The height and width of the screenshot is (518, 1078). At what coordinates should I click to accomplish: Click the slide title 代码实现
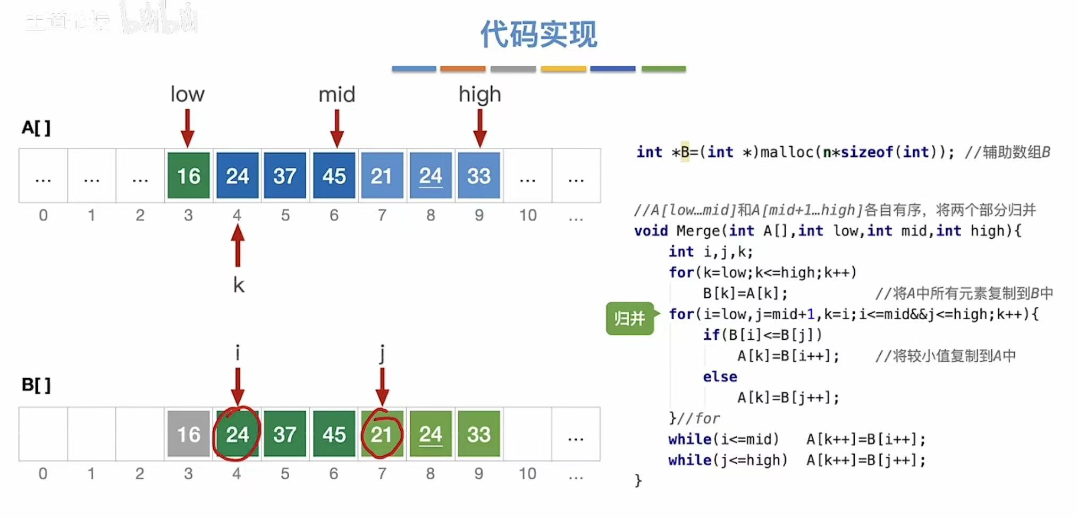(x=538, y=35)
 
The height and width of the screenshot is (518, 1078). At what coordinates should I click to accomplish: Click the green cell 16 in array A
(x=188, y=176)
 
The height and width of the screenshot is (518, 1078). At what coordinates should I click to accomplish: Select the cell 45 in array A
(x=334, y=176)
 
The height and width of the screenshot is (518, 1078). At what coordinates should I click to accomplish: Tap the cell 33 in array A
(x=479, y=176)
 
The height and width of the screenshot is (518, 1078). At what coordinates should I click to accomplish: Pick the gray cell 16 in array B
(x=188, y=434)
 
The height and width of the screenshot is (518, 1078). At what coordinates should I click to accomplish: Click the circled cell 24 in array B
(x=237, y=434)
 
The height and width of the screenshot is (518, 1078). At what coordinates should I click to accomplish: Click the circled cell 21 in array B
(x=382, y=434)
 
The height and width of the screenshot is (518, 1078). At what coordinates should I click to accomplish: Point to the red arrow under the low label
(x=187, y=128)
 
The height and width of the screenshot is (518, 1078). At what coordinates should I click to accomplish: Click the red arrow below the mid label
(x=336, y=128)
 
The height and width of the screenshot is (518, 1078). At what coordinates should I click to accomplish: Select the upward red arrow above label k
(x=238, y=246)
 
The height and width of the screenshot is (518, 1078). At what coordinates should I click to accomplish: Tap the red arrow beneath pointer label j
(x=382, y=387)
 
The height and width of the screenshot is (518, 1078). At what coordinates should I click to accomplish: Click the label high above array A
(x=479, y=94)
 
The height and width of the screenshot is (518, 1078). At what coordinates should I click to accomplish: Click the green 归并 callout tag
(x=630, y=318)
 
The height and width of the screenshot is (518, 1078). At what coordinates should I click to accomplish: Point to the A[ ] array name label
(x=36, y=128)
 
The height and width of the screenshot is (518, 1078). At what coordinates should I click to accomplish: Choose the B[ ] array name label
(x=36, y=385)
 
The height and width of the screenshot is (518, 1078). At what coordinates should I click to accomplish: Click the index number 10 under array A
(x=528, y=215)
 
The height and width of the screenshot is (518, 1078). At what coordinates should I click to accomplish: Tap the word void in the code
(x=651, y=231)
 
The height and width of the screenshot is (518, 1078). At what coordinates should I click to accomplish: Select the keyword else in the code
(x=720, y=377)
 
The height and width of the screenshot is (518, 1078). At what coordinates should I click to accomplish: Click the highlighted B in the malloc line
(x=685, y=152)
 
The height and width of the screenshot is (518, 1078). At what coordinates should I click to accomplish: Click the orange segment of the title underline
(x=462, y=69)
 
